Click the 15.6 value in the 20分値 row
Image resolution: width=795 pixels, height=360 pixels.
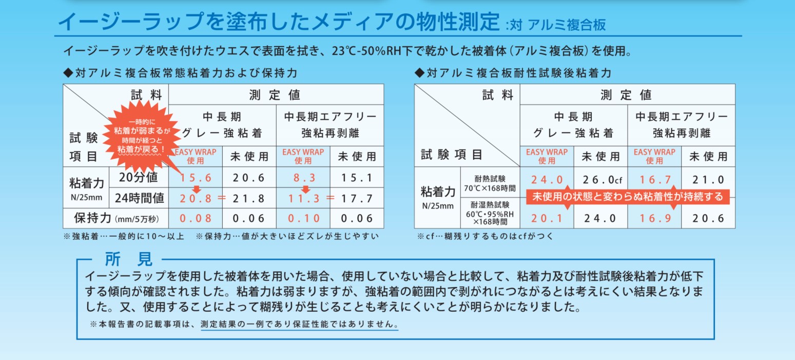tap(196, 178)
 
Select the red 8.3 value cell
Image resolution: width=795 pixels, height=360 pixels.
tap(303, 178)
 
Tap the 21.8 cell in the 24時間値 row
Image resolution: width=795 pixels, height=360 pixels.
tap(249, 198)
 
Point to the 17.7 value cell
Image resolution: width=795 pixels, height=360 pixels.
tap(357, 198)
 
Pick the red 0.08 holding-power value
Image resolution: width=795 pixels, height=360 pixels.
tap(196, 218)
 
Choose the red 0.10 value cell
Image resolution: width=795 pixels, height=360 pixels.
tap(303, 218)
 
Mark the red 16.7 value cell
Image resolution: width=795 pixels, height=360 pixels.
tap(654, 180)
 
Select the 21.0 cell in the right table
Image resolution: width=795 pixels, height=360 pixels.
tap(708, 180)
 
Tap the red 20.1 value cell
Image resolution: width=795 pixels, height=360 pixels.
tap(547, 218)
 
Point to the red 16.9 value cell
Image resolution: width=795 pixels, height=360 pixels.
tap(654, 218)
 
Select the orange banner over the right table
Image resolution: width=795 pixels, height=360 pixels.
tap(627, 197)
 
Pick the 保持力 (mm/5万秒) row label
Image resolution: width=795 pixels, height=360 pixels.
tap(115, 218)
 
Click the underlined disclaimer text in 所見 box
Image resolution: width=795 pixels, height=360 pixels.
tap(300, 325)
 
